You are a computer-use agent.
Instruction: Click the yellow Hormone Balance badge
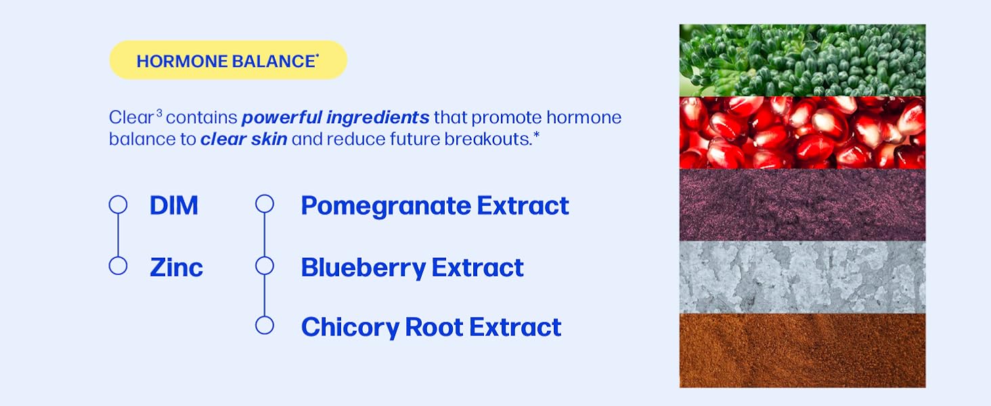(228, 60)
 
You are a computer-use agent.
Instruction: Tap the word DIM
(174, 206)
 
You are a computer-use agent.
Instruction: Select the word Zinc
(177, 267)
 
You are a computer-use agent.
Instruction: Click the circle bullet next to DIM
(118, 204)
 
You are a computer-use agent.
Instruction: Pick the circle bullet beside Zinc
(118, 266)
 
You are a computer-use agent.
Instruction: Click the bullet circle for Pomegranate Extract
(265, 204)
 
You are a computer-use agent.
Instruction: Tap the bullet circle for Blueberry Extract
(265, 266)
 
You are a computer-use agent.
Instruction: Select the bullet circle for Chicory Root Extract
(265, 325)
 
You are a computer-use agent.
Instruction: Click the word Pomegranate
(386, 206)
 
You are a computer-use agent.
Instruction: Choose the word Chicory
(351, 328)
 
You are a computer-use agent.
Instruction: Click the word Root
(434, 328)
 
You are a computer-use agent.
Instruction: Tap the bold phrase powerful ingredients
(335, 118)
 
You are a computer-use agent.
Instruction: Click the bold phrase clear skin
(244, 139)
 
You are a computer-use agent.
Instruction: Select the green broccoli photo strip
(803, 60)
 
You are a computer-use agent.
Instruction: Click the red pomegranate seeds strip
(803, 133)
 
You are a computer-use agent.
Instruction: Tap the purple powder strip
(803, 205)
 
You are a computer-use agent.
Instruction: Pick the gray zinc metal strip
(803, 277)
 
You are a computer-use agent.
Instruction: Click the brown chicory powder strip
(803, 351)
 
